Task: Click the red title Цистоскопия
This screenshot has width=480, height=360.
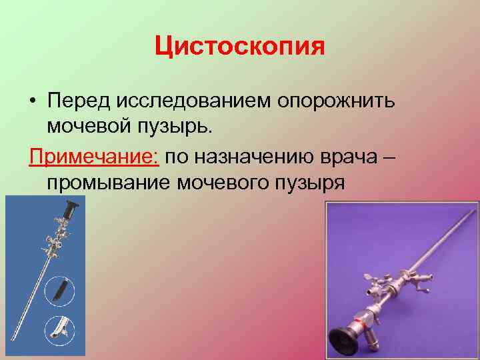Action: (x=239, y=47)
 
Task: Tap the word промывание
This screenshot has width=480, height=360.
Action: (x=107, y=181)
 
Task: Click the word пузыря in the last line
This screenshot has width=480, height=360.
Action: (x=309, y=181)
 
